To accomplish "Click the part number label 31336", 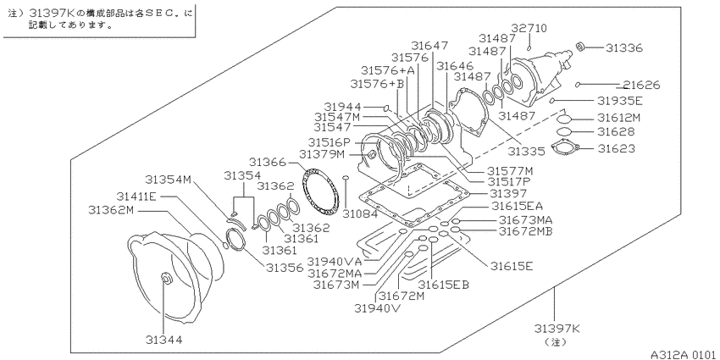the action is click(624, 47).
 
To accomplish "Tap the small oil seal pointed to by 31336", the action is click(581, 46).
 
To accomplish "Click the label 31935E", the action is click(620, 101).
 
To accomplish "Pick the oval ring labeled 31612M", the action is click(564, 119).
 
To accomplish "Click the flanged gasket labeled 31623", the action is click(564, 148).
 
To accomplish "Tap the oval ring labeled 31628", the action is click(564, 132).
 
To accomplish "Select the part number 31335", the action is click(526, 151).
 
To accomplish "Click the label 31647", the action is click(429, 46).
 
